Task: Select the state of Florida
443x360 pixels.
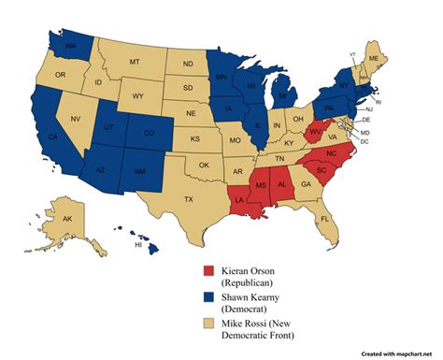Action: pos(325,218)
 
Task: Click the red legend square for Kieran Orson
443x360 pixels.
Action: pos(209,271)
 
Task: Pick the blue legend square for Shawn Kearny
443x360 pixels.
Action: pos(209,298)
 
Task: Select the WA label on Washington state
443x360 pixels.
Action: pos(69,44)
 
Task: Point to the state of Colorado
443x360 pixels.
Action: pos(149,132)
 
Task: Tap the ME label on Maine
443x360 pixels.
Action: pos(374,57)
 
